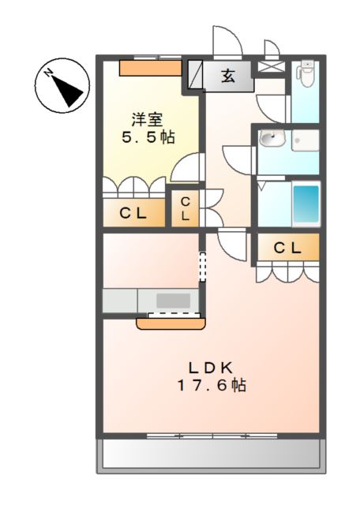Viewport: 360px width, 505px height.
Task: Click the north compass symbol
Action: pos(60,86)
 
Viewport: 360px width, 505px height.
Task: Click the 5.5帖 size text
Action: pos(148,137)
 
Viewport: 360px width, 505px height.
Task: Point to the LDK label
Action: pos(209,368)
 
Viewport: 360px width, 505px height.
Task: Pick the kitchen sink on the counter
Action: pos(173,301)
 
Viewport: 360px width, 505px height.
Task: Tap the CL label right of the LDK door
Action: pos(287,248)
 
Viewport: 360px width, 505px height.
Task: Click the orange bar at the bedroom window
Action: pos(149,67)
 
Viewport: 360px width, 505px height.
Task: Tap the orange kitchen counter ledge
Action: pos(170,321)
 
